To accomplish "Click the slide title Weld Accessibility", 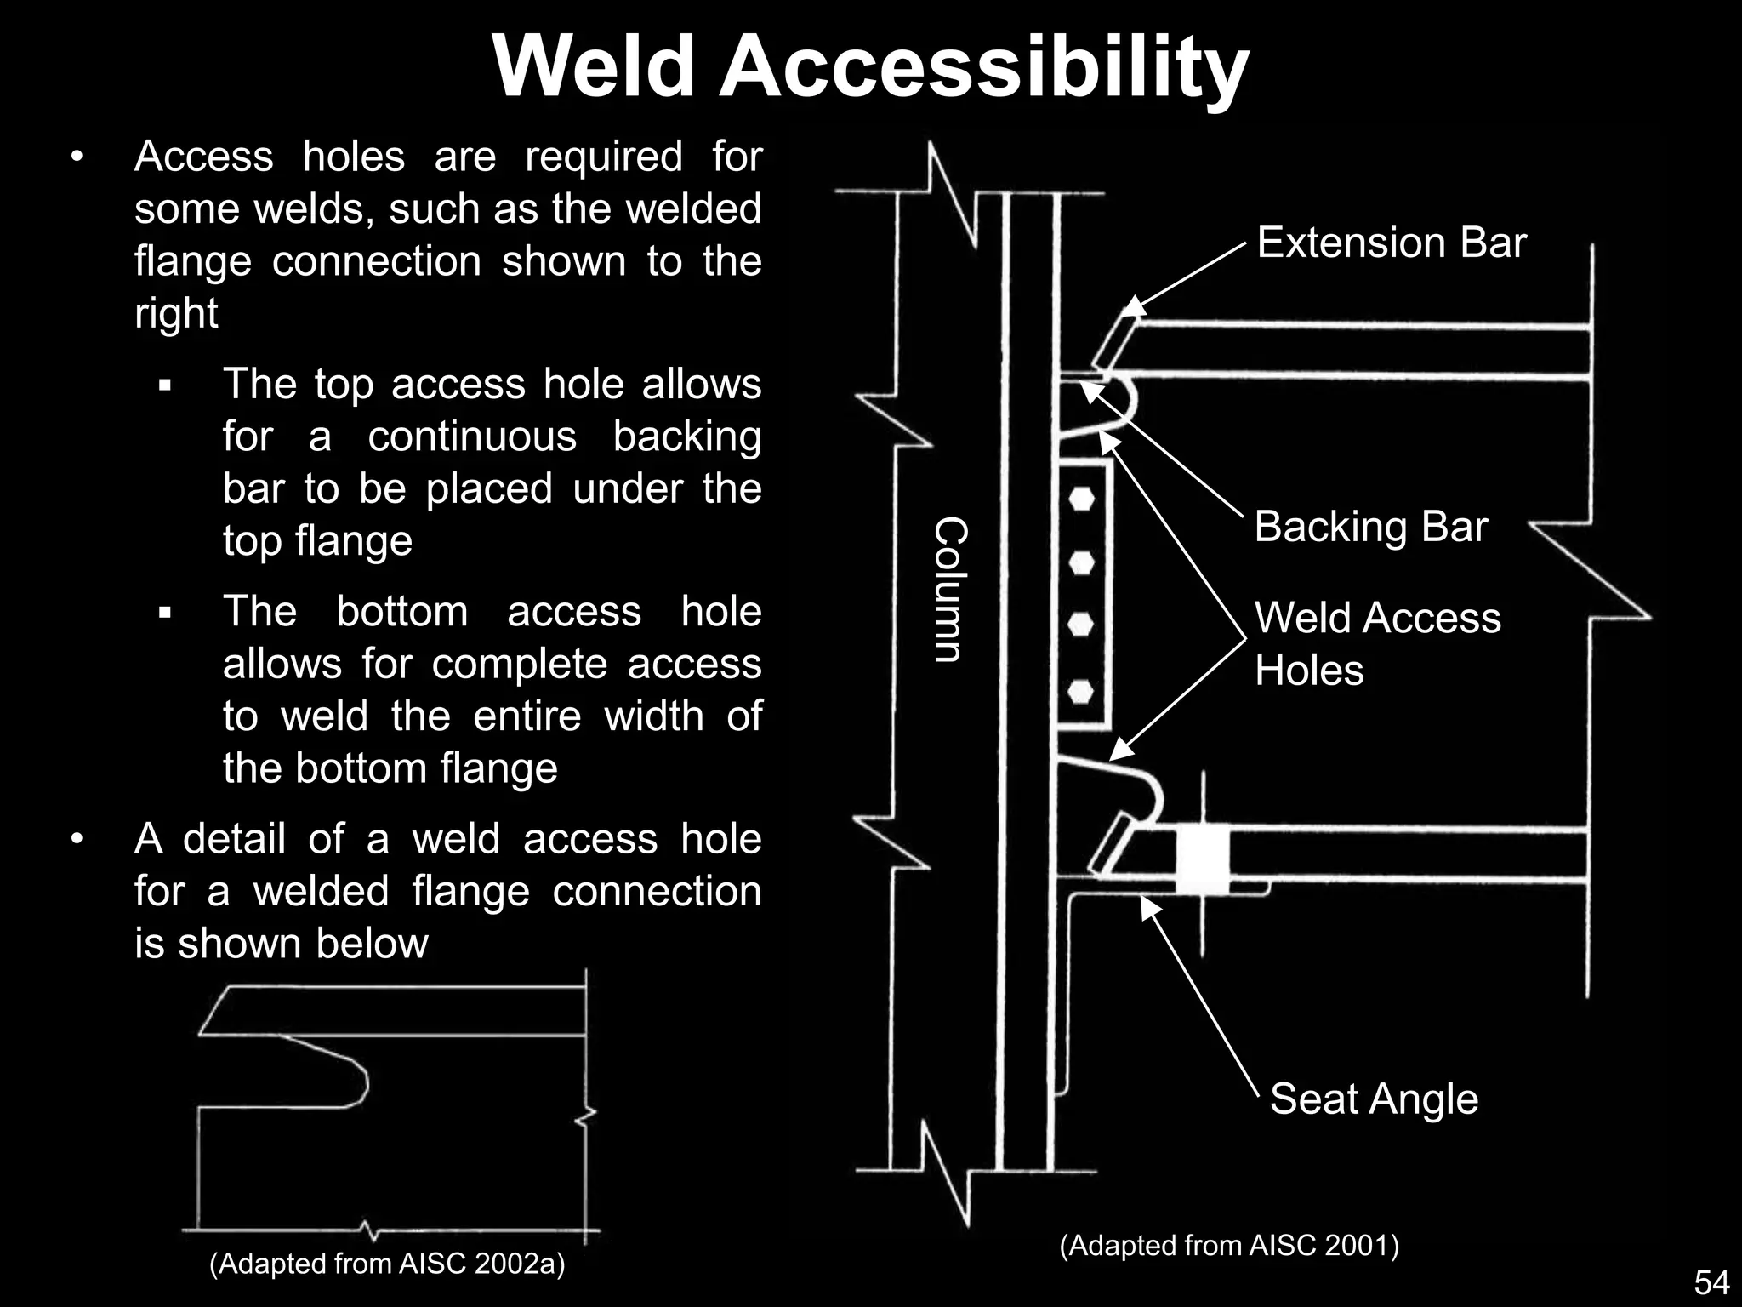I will tap(870, 68).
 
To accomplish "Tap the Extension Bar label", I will tap(1392, 243).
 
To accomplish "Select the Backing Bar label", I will tap(1370, 527).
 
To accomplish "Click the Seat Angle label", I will tap(1374, 1099).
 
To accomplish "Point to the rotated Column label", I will tap(951, 589).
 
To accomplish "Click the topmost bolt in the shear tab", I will tap(1081, 499).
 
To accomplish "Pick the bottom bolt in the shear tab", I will tap(1081, 691).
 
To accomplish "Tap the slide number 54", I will tap(1711, 1282).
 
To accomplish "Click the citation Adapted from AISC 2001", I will tap(1229, 1246).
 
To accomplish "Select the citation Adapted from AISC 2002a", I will tap(387, 1264).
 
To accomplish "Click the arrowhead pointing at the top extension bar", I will tap(1136, 306).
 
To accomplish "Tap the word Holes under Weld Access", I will tap(1309, 671).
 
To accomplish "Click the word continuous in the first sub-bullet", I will tap(472, 437).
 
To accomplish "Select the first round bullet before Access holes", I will tap(77, 157).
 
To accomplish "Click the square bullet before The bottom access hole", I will tap(165, 613).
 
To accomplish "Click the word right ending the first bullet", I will tap(176, 313).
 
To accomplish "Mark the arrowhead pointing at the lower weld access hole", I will tap(1120, 750).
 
